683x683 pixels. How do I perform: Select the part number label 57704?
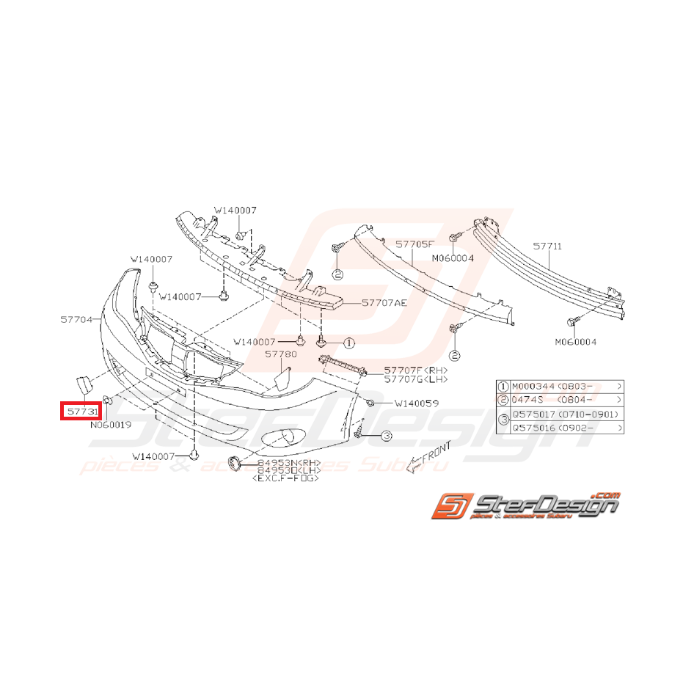77,320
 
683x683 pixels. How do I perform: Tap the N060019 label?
111,424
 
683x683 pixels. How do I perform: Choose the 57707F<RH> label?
415,370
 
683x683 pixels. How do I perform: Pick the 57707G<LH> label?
415,380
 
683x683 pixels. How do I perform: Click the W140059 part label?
417,403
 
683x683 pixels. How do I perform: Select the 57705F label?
415,242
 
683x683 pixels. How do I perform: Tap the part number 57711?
547,247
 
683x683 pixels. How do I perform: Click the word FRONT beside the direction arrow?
434,450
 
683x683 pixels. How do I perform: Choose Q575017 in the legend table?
534,414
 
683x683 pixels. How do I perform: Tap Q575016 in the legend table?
534,427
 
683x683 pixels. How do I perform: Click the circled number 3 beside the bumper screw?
386,437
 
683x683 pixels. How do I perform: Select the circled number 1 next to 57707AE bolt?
348,343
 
